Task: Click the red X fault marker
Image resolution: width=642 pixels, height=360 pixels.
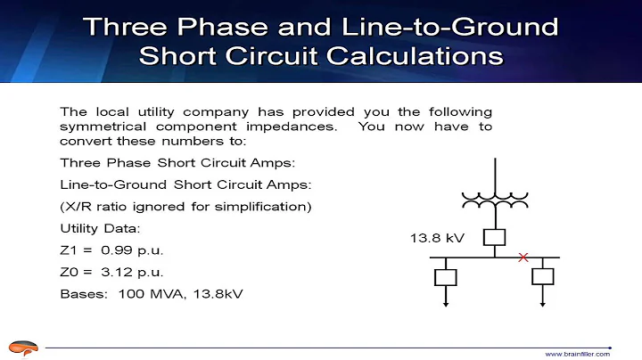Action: tap(523, 258)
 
